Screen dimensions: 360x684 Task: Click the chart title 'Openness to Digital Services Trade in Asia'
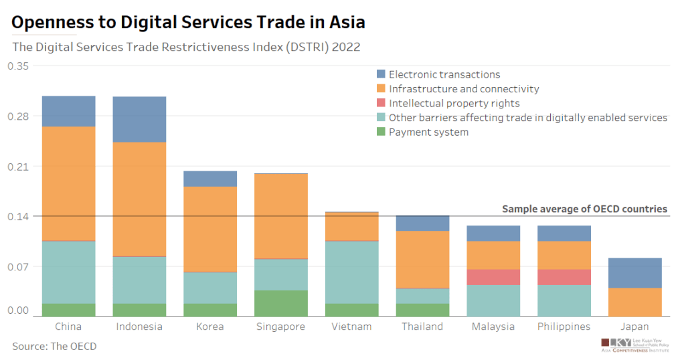pos(189,22)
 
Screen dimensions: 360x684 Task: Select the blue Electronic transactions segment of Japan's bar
pos(634,272)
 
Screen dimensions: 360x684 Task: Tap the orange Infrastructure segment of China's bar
pos(68,183)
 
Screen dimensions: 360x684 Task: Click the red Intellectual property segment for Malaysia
pos(493,277)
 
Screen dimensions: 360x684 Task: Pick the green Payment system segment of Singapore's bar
pos(281,303)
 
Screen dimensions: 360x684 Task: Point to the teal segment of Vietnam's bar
pos(352,272)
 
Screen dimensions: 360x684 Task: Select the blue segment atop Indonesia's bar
pos(139,119)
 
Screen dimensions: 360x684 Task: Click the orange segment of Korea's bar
pos(210,229)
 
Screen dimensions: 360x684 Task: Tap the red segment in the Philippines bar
pos(564,277)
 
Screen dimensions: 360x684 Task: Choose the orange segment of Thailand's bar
pos(422,260)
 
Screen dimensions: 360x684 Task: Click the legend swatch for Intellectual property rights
pos(381,103)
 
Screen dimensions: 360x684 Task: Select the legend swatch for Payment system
pos(381,132)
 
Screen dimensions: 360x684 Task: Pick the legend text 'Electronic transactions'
pos(444,74)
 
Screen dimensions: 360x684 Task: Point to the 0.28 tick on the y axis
pos(19,116)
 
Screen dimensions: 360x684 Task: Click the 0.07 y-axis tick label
pos(19,266)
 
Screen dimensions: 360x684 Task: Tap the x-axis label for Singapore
pos(281,327)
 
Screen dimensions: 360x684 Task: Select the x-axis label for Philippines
pos(564,327)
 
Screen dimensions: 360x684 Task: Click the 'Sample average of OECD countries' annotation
pos(584,209)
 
